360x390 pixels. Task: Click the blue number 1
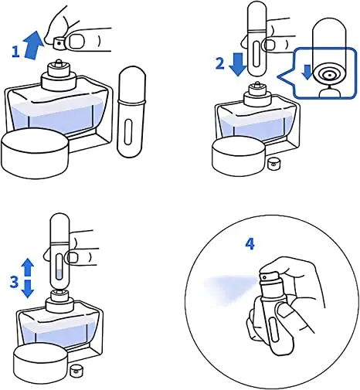click(x=15, y=52)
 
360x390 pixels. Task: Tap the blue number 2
click(x=219, y=63)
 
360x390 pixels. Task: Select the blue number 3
click(x=14, y=282)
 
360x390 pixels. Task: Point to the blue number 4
click(x=250, y=244)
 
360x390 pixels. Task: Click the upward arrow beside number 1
click(x=32, y=46)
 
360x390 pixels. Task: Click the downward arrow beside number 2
click(x=238, y=64)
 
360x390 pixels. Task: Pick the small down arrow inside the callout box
click(x=307, y=72)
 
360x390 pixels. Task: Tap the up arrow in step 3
click(x=27, y=268)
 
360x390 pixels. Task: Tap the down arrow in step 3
click(x=27, y=289)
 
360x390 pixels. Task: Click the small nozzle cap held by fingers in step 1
click(x=59, y=43)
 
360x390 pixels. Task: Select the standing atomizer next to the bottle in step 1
click(x=132, y=110)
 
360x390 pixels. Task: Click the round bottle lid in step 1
click(x=36, y=153)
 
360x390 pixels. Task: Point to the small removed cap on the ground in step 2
click(x=272, y=164)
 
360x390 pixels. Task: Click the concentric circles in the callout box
click(x=329, y=75)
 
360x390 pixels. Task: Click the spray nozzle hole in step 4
click(x=264, y=277)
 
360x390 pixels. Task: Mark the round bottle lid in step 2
click(x=239, y=157)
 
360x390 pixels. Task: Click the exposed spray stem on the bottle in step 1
click(x=59, y=63)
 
